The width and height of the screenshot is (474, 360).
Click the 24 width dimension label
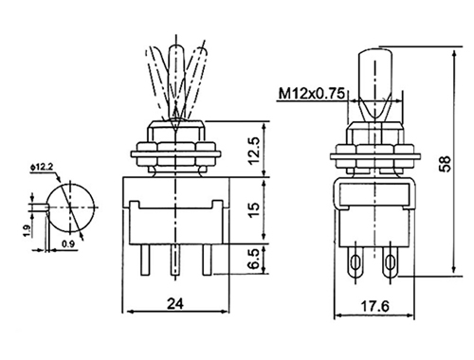pos(175,304)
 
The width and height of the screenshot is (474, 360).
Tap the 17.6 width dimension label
pos(375,306)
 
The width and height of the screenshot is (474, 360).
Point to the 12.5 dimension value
pos(255,151)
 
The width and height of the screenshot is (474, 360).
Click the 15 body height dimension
pos(255,208)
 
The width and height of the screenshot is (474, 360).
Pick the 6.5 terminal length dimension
pos(255,259)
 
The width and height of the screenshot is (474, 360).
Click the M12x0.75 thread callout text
pos(311,94)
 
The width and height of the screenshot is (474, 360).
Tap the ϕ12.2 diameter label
pos(42,168)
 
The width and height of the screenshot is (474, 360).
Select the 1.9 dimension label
pos(27,231)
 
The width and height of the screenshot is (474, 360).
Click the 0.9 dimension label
pos(68,243)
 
